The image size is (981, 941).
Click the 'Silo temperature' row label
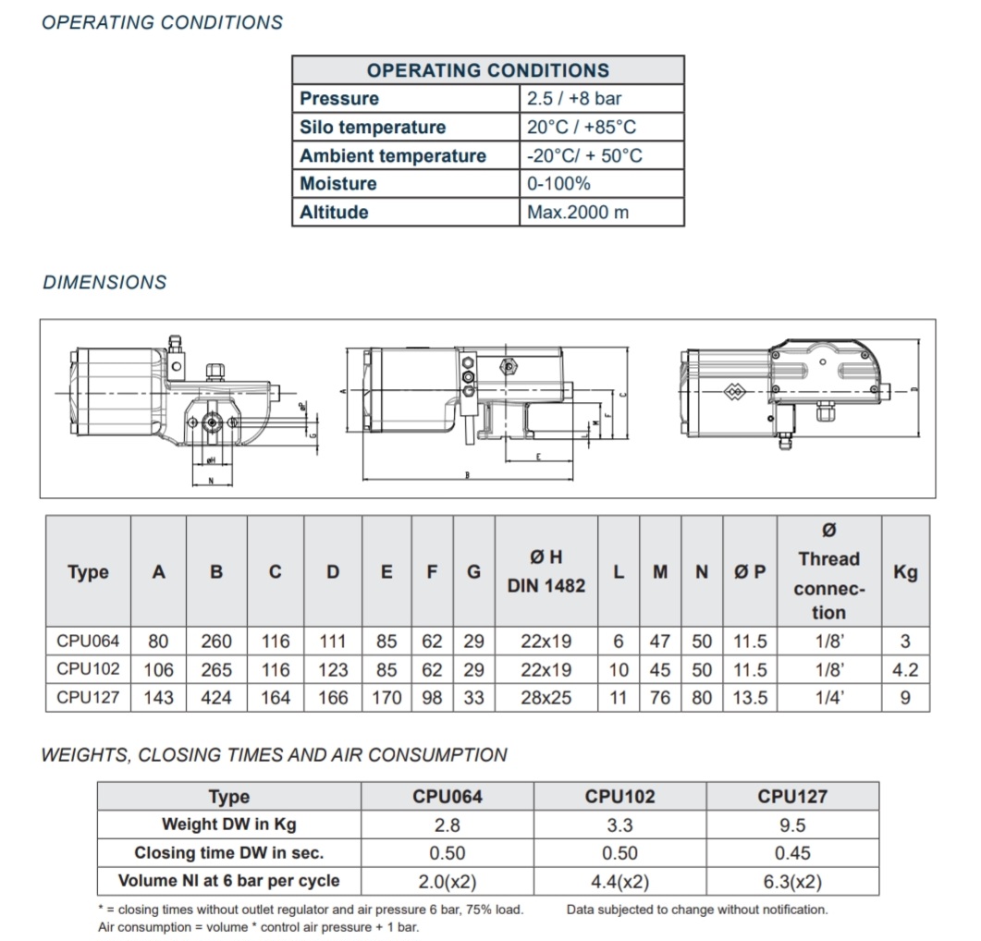click(x=372, y=128)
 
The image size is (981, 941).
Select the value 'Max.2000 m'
click(x=578, y=213)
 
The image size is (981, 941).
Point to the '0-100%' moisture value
click(x=558, y=184)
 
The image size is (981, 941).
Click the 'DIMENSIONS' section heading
click(x=104, y=283)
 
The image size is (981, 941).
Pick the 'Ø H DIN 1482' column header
click(x=546, y=571)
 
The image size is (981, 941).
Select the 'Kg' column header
click(x=905, y=572)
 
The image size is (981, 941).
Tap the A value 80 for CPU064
click(x=158, y=641)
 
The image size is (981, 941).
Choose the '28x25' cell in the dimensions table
click(x=546, y=698)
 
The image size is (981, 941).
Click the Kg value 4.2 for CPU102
click(x=905, y=669)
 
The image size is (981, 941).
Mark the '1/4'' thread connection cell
click(x=828, y=698)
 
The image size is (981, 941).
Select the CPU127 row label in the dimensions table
click(x=88, y=698)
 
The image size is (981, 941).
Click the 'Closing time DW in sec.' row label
click(x=228, y=853)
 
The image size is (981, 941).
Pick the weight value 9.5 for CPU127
click(x=791, y=825)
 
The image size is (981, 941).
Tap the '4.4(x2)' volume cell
click(x=619, y=882)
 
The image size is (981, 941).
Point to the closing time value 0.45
click(x=791, y=853)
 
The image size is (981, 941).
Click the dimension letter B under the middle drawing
click(x=468, y=476)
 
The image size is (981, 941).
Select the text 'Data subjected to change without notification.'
click(x=697, y=910)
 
